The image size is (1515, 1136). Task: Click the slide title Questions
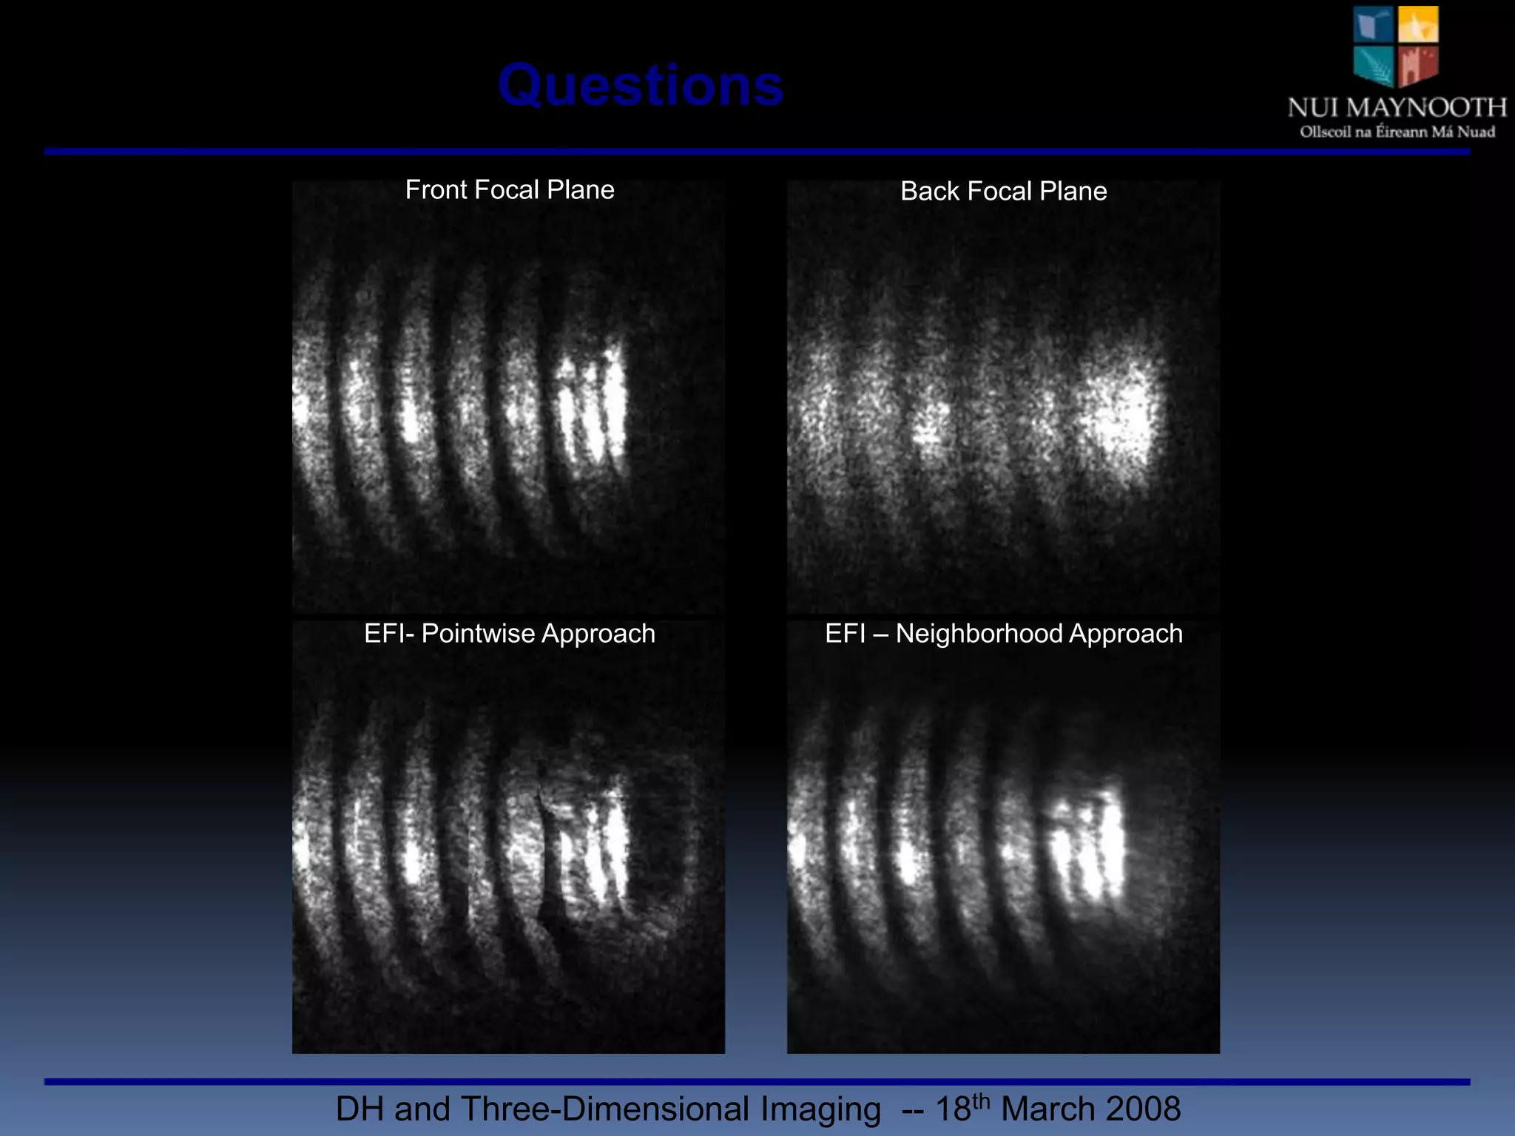click(x=641, y=86)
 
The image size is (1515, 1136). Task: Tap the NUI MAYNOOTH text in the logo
click(x=1397, y=108)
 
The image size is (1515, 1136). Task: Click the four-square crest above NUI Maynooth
click(x=1396, y=46)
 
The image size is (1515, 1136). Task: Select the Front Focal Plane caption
click(x=510, y=190)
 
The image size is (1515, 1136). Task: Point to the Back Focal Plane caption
click(x=1003, y=192)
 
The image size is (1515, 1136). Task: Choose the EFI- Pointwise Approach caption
click(x=510, y=634)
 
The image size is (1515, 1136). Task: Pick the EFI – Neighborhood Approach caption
click(x=1003, y=634)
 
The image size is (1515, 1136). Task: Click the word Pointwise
click(x=478, y=634)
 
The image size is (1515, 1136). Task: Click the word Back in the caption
click(x=930, y=192)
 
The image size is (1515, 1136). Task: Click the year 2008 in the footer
click(x=1146, y=1109)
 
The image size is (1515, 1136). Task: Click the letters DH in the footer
click(x=360, y=1109)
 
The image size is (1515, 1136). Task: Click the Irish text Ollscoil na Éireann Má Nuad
click(x=1397, y=132)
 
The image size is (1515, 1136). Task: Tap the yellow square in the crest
click(x=1418, y=24)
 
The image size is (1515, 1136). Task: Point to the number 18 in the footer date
click(x=953, y=1109)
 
